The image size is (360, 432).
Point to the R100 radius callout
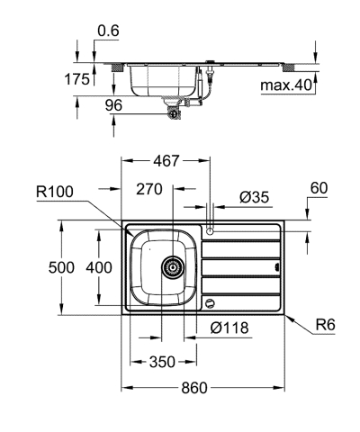click(x=56, y=191)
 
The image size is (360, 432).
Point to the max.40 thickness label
click(x=286, y=85)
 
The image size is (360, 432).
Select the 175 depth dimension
click(x=78, y=79)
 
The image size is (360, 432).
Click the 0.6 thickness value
click(x=108, y=31)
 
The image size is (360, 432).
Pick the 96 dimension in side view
click(x=114, y=104)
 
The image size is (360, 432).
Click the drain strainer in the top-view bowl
click(x=171, y=267)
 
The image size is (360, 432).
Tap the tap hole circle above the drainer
click(x=210, y=231)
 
